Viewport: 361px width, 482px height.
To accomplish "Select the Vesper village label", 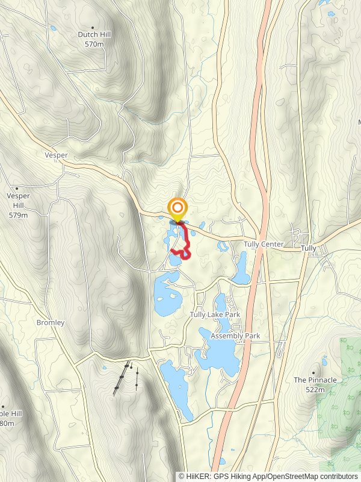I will (56, 155).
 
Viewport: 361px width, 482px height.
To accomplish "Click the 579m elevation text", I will (17, 214).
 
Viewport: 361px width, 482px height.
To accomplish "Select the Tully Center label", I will (264, 245).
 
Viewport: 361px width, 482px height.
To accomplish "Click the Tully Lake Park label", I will (215, 315).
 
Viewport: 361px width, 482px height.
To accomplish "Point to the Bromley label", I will (50, 322).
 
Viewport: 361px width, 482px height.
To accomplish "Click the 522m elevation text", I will (315, 390).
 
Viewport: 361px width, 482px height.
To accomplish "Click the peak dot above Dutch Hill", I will (92, 27).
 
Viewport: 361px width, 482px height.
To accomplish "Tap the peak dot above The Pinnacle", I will (314, 372).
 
